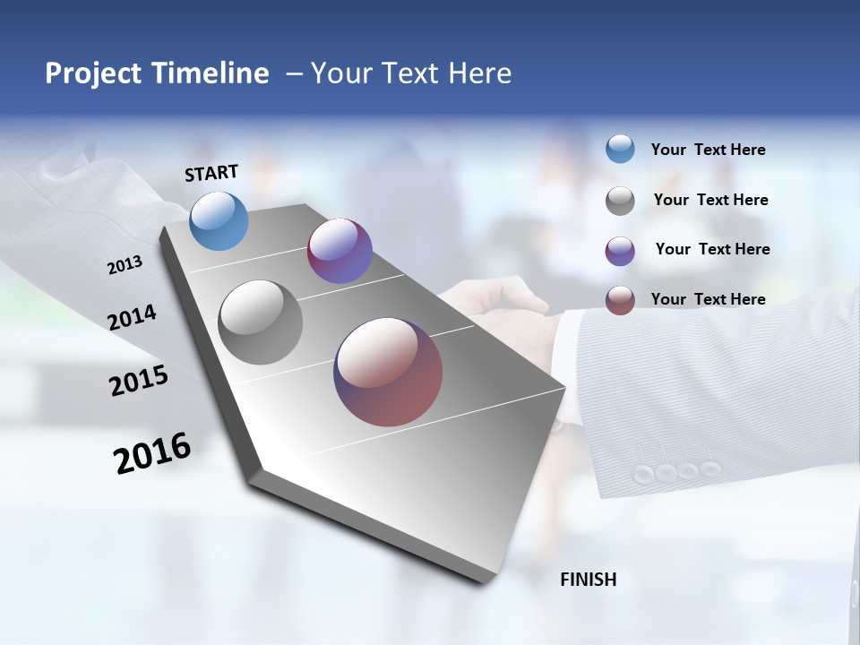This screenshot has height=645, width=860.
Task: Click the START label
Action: coord(211,173)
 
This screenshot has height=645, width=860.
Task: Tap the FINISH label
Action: coord(588,580)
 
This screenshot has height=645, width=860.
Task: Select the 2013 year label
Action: coord(125,265)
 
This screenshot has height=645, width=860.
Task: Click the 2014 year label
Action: coord(132,318)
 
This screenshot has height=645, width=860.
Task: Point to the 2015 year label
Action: coord(138,381)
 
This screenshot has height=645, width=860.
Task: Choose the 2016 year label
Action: coord(152,452)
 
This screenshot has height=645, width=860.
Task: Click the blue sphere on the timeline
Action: coord(219,220)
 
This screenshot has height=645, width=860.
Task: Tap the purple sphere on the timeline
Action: coord(340,251)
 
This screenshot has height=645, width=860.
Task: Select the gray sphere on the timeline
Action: coord(261,322)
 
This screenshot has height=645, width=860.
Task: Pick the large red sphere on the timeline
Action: coord(388,372)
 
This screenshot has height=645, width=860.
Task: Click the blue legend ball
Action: coord(620,149)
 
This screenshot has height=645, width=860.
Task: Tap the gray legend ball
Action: coord(620,201)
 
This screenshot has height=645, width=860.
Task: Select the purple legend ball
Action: coord(620,251)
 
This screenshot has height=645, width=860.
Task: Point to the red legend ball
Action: coord(620,300)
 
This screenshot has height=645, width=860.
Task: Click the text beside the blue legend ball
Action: coord(708,150)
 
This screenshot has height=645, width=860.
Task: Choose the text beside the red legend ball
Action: coord(708,299)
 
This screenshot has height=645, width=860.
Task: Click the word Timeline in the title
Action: coord(211,73)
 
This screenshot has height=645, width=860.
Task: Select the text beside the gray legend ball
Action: coord(710,200)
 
